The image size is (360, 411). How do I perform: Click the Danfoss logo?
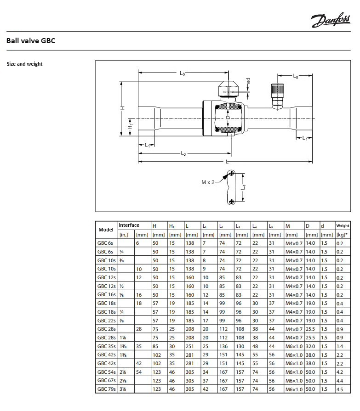(x=331, y=20)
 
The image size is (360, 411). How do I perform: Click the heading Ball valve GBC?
(x=31, y=41)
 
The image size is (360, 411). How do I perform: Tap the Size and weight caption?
(x=24, y=64)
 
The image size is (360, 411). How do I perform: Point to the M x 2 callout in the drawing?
(x=208, y=182)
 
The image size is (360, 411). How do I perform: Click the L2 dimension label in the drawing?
(x=183, y=153)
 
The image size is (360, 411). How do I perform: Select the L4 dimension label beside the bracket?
(x=244, y=187)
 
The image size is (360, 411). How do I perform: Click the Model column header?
(x=106, y=230)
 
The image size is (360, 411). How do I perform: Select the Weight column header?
(x=343, y=226)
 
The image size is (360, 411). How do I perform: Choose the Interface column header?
(x=129, y=225)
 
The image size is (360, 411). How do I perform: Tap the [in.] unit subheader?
(x=124, y=235)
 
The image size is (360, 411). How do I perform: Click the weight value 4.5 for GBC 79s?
(x=340, y=389)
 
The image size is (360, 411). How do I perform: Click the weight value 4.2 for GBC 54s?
(x=340, y=372)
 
